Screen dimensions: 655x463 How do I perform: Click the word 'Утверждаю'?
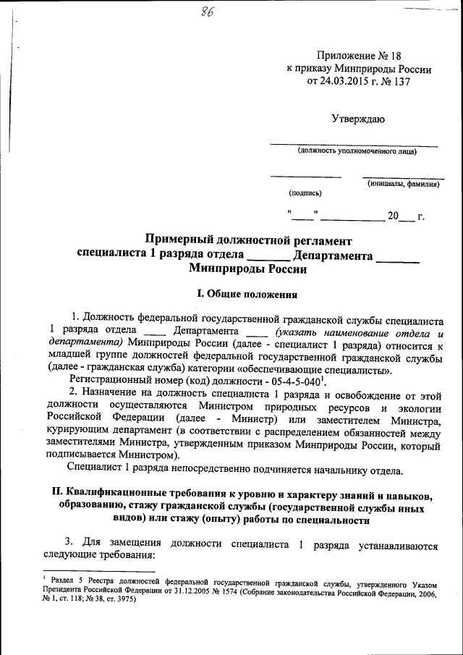[x=358, y=118]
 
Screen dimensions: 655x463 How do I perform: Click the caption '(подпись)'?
[x=305, y=193]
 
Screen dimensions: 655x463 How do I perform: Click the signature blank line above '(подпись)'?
[x=305, y=176]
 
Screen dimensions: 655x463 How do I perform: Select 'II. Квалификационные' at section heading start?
[x=116, y=494]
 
